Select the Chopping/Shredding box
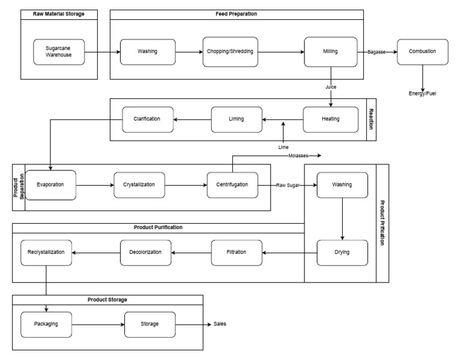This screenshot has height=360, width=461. click(x=229, y=52)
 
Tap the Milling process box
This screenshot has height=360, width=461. click(x=330, y=51)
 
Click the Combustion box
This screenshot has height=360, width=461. click(x=423, y=52)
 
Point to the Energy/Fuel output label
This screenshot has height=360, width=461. click(x=423, y=94)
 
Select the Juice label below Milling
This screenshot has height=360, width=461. click(x=331, y=86)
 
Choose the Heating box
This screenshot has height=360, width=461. click(x=330, y=119)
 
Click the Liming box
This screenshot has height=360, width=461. click(x=237, y=119)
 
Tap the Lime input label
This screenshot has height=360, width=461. click(x=283, y=146)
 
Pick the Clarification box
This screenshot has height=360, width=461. click(x=147, y=119)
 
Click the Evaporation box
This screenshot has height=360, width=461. click(x=50, y=185)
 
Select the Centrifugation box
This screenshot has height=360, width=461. click(x=232, y=185)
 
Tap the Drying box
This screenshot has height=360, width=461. click(x=342, y=253)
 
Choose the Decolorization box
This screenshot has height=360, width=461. click(x=145, y=252)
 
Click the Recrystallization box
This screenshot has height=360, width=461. click(x=46, y=252)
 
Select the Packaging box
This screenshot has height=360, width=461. click(x=46, y=324)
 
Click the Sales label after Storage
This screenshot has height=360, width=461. click(x=220, y=324)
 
